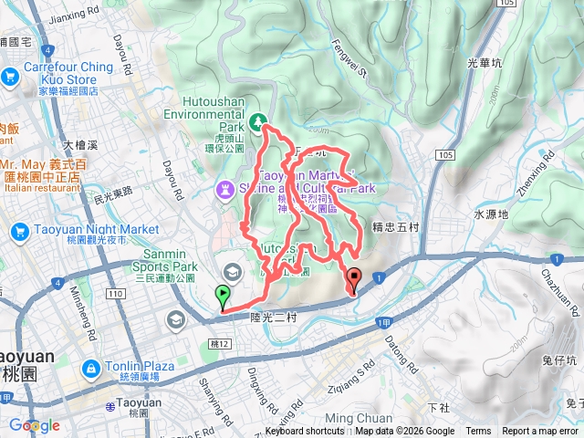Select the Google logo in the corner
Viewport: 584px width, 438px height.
(34, 425)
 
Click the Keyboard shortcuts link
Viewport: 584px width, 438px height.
(305, 432)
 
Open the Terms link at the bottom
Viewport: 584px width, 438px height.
(477, 432)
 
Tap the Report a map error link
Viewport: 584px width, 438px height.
(541, 432)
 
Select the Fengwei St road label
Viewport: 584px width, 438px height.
(349, 55)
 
